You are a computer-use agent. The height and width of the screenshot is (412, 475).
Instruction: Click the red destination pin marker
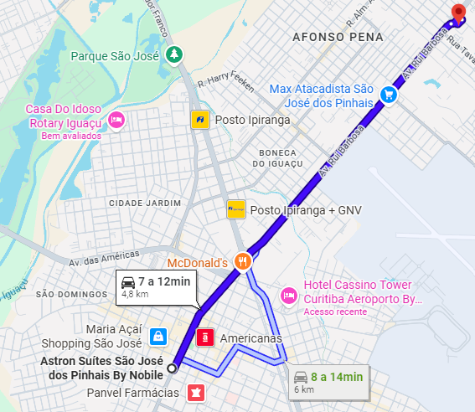(457, 13)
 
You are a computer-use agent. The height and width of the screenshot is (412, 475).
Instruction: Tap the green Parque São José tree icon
(174, 55)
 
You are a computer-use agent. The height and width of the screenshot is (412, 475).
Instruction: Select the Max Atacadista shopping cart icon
(389, 95)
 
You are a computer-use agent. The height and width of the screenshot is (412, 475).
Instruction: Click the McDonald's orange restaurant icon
(243, 261)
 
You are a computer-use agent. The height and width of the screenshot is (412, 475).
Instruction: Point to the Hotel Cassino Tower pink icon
(288, 294)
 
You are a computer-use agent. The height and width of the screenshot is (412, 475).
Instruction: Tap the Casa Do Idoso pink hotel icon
(116, 120)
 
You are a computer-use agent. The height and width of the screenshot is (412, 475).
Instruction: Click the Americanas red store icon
(204, 338)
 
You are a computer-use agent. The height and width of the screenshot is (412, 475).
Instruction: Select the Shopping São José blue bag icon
(157, 337)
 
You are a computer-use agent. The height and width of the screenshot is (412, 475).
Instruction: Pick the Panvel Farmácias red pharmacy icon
(195, 392)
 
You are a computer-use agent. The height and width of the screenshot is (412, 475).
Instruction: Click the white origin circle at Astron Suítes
(173, 368)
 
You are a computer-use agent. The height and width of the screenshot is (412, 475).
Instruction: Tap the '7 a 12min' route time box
(156, 286)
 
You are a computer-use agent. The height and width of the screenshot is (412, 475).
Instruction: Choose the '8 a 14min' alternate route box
(329, 382)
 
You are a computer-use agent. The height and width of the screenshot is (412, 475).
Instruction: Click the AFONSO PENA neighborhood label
(338, 37)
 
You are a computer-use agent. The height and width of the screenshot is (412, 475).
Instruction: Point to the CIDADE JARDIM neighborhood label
(145, 203)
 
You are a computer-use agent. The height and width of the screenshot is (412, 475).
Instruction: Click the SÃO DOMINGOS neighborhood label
(67, 295)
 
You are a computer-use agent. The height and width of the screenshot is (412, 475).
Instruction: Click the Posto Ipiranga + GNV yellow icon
(235, 209)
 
